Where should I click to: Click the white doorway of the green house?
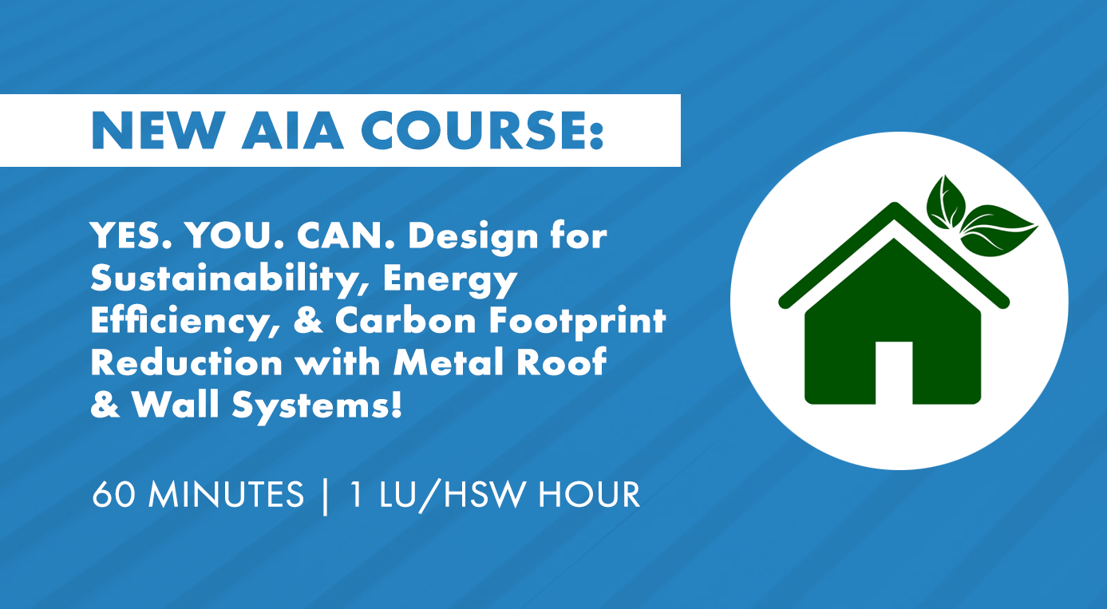[x=894, y=372]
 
